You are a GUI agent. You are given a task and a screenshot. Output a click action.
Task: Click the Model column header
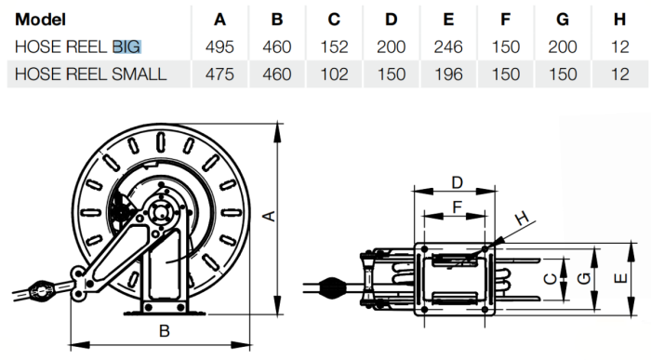[x=40, y=20]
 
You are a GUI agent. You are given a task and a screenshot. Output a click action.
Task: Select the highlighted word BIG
[x=127, y=47]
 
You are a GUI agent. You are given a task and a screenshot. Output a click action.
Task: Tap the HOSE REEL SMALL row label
[x=90, y=74]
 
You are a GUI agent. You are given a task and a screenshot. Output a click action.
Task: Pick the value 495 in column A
[x=219, y=47]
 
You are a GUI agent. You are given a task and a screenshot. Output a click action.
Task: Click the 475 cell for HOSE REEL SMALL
[x=219, y=74]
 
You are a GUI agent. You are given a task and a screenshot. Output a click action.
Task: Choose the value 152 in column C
[x=334, y=47]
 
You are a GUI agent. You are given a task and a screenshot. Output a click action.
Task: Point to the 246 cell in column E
[x=448, y=47]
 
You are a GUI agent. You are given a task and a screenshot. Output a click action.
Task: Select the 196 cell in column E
[x=448, y=74]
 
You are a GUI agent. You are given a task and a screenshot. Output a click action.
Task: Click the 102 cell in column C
[x=334, y=74]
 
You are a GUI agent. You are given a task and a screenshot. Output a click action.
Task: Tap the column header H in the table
[x=619, y=20]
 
